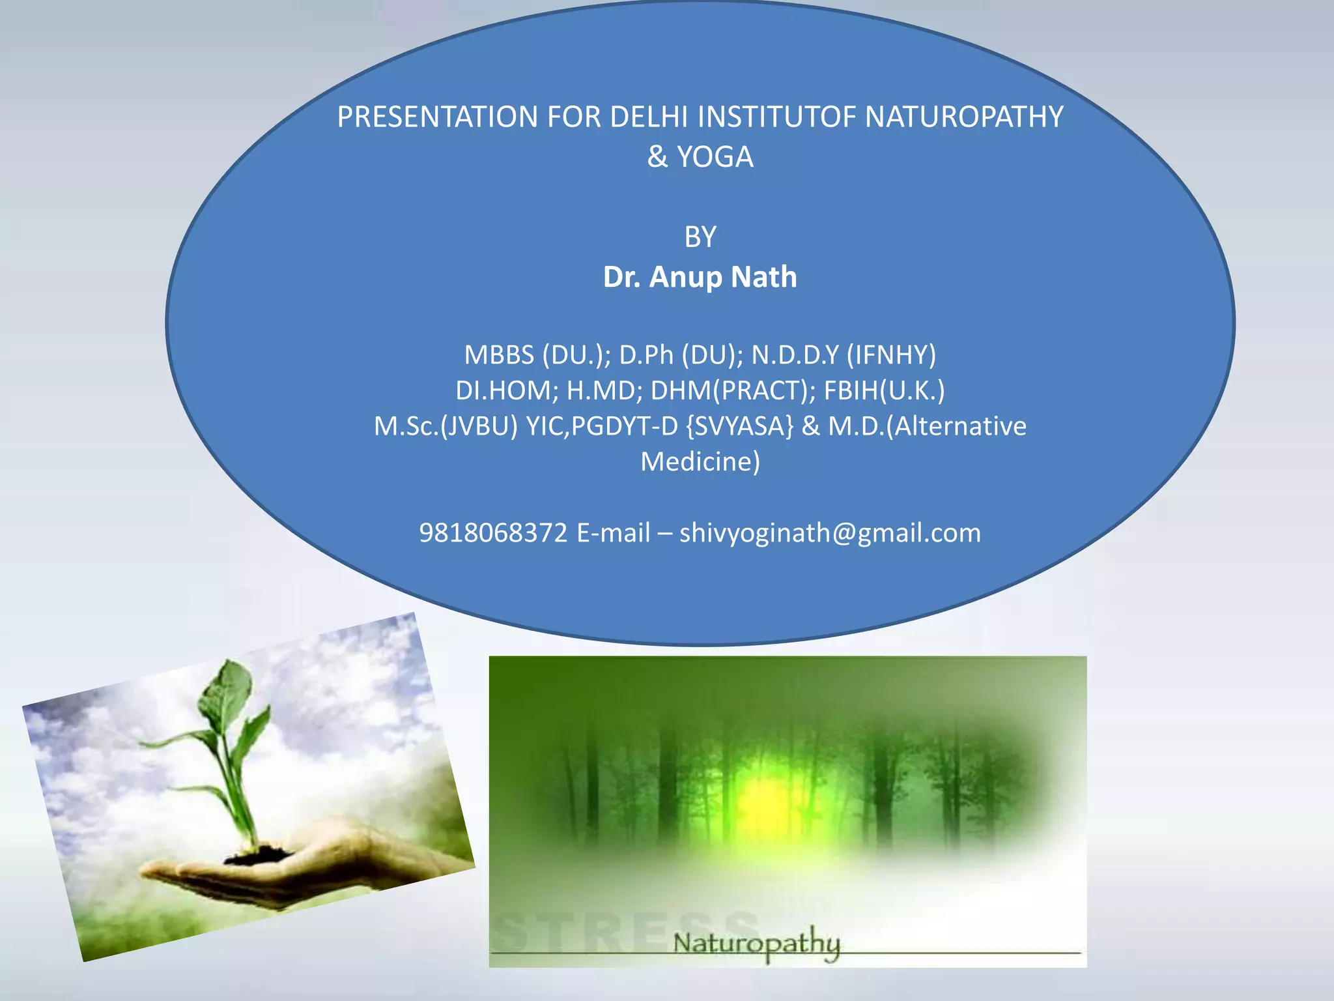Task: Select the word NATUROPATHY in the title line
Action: click(x=964, y=117)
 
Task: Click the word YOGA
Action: click(x=715, y=158)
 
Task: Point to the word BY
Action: click(x=700, y=237)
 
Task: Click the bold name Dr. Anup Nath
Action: click(x=700, y=278)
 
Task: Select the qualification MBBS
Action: click(x=498, y=355)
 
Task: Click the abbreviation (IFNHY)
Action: click(x=891, y=355)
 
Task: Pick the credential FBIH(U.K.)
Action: click(x=884, y=391)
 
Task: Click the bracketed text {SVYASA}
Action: click(x=739, y=427)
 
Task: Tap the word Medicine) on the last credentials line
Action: click(x=700, y=462)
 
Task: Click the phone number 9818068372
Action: click(x=493, y=534)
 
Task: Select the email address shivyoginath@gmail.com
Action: click(x=830, y=534)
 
